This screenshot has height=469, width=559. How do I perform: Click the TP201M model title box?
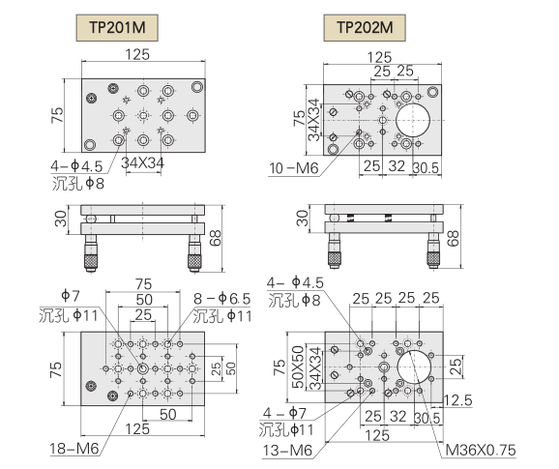117,27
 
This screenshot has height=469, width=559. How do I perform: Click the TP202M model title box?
365,27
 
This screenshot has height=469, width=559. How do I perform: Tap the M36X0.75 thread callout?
481,451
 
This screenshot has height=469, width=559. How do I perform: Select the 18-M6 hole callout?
74,449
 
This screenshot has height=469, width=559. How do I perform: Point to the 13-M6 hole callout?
287,451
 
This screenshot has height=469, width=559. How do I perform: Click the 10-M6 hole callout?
293,168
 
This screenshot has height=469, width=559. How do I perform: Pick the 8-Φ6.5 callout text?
222,299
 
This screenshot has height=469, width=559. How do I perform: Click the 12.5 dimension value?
458,400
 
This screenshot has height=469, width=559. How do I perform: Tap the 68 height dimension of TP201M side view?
216,238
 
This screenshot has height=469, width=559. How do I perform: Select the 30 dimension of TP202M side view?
302,219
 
